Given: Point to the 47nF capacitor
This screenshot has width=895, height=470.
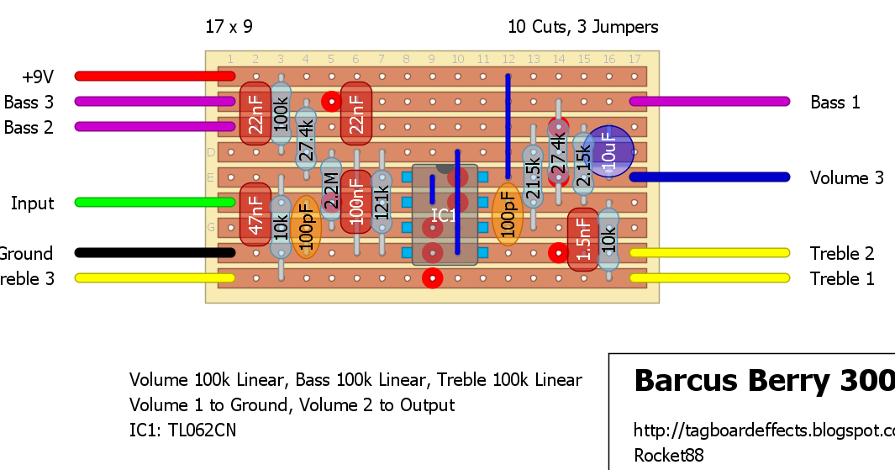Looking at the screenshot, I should [255, 214].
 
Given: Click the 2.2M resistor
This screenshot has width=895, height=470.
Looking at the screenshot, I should [331, 190].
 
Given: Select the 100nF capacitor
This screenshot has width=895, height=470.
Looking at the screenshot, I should [356, 202].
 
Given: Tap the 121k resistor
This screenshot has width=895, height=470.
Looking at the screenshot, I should [382, 202].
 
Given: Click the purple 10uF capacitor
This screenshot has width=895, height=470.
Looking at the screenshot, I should [608, 152].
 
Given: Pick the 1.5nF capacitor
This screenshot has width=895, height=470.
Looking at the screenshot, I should [583, 240].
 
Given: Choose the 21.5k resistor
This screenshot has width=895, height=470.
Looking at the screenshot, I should [532, 177].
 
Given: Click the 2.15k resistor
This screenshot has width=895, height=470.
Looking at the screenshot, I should [582, 165].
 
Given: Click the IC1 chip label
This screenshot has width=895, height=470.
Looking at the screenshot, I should [444, 215].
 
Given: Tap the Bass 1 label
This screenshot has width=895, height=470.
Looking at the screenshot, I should [835, 103].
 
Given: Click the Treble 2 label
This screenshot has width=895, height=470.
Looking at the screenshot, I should [842, 253].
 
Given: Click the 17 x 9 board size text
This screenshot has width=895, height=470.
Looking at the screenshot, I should [229, 27].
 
